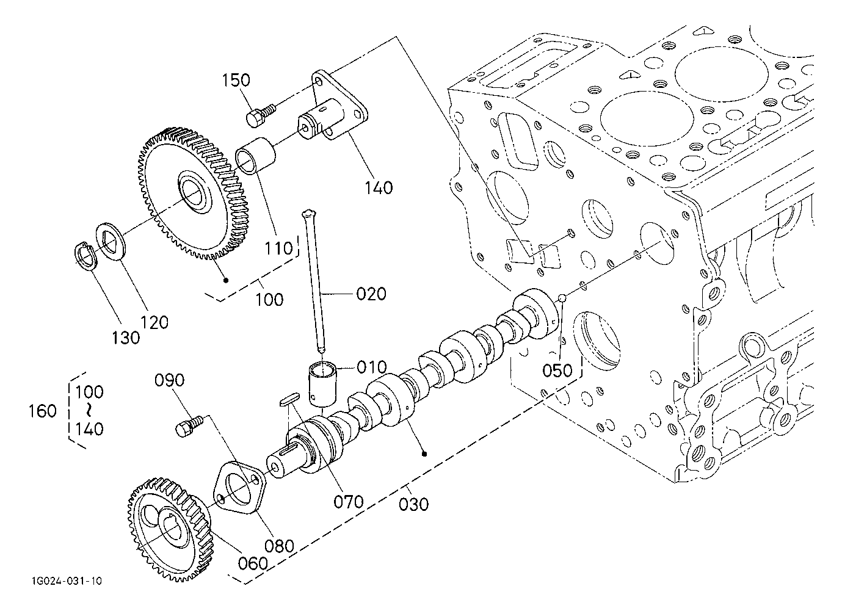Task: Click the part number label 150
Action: pos(236,81)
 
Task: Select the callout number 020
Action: pos(371,294)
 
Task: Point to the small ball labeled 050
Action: pos(561,298)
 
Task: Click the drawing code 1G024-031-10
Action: pos(67,581)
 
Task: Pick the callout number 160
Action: pos(43,411)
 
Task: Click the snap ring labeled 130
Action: pos(85,256)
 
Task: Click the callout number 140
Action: pos(379,188)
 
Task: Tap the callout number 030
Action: pos(413,505)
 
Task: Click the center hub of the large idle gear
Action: pos(195,192)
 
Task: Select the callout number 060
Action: pos(253,563)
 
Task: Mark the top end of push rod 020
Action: pos(308,212)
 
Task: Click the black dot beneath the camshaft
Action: pos(424,454)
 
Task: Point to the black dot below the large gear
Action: pos(226,280)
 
